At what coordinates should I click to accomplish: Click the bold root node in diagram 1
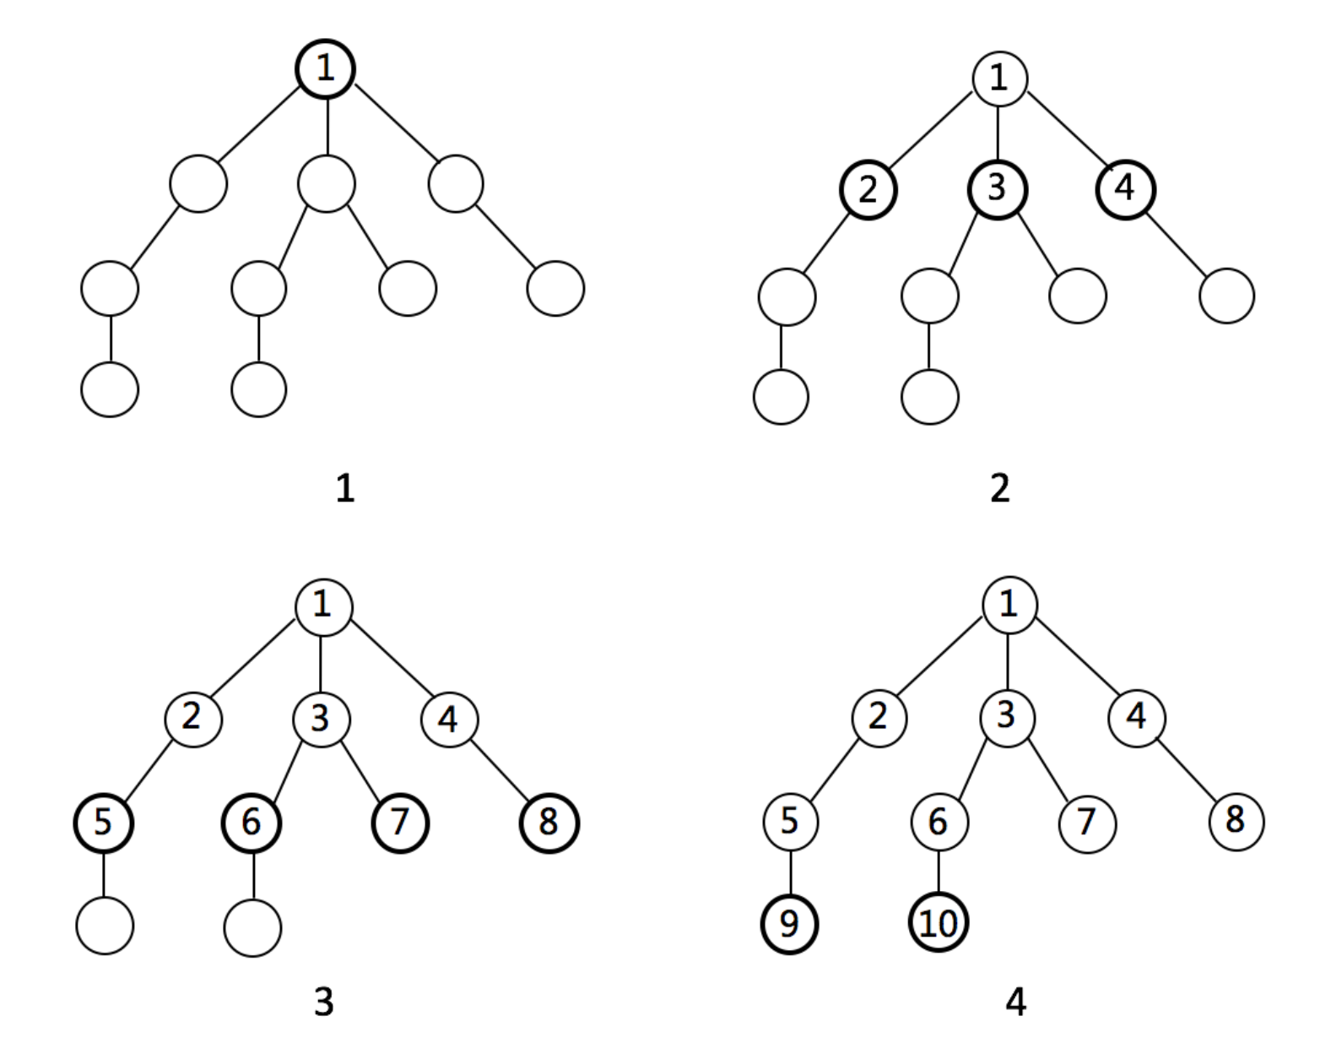point(326,68)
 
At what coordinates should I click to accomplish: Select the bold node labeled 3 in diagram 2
point(998,189)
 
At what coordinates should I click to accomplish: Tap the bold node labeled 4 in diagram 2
point(1126,189)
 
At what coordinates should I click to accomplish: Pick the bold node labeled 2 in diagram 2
point(868,190)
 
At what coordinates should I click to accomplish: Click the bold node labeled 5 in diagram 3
point(104,823)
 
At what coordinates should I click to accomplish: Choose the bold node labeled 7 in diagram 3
point(401,823)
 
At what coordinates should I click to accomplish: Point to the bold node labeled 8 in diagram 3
point(549,823)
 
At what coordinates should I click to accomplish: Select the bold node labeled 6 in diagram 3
point(252,823)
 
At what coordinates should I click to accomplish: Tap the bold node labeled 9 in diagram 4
point(789,925)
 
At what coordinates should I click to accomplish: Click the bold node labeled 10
point(939,922)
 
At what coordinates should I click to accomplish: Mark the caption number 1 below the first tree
point(345,489)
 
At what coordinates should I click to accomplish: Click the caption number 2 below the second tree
point(1000,489)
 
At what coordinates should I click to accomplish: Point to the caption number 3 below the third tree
point(324,1002)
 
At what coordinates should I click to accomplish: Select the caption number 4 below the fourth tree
point(1016,1002)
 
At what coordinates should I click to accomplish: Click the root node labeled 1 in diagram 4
point(1009,605)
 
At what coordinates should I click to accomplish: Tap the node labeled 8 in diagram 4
point(1236,822)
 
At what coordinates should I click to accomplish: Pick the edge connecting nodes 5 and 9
point(791,873)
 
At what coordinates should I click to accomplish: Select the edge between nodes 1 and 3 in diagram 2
point(998,133)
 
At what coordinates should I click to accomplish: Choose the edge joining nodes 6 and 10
point(939,872)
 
